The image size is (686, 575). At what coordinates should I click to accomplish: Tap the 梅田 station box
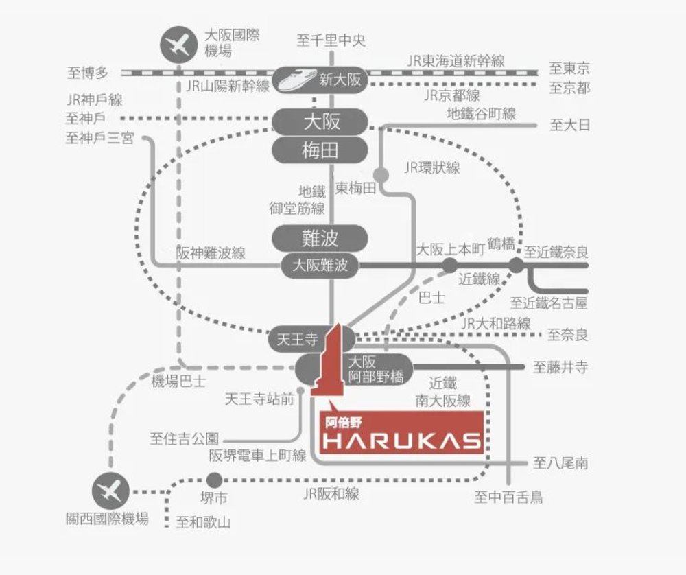pos(321,150)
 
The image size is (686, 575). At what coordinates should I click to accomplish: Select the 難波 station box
pos(321,238)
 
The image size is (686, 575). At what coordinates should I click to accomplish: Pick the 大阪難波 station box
pos(320,265)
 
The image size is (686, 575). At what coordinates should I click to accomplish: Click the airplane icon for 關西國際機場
pos(110,491)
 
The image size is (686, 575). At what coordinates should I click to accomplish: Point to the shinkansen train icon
pos(296,80)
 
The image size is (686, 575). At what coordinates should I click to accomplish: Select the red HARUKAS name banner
pos(401,432)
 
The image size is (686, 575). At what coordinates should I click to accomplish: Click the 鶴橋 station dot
pos(516,265)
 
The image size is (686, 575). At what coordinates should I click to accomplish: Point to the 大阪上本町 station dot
pos(449,265)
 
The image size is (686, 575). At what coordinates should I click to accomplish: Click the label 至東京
pos(569,69)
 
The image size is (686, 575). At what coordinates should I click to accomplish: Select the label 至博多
pos(88,71)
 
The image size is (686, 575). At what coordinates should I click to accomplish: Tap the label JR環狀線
pos(431,167)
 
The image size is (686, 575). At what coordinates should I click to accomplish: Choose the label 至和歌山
pos(203,523)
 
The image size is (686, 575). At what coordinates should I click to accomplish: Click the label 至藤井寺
pos(560,368)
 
